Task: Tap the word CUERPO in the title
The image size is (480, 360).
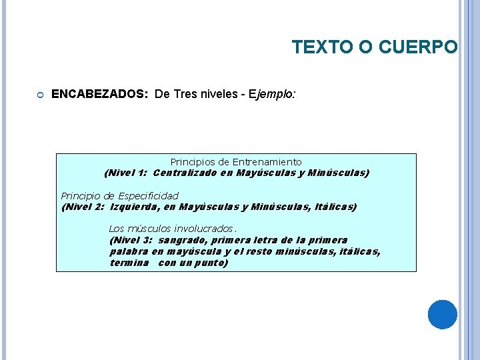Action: tap(419, 47)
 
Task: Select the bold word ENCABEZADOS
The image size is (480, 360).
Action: tap(99, 95)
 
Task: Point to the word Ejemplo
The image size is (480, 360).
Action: tap(272, 95)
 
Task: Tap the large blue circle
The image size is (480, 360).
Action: tap(442, 314)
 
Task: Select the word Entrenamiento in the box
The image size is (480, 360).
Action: tap(271, 162)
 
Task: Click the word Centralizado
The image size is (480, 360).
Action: tap(185, 173)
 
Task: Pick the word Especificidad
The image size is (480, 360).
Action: tap(148, 196)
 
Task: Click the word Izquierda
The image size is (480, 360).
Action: tap(138, 207)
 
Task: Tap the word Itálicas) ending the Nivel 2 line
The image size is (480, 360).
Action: tap(336, 207)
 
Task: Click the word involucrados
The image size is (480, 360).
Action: tap(203, 229)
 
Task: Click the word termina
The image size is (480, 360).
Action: tap(129, 263)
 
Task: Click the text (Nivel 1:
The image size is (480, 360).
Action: tap(126, 173)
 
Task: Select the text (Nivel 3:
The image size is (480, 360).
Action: tap(131, 240)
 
